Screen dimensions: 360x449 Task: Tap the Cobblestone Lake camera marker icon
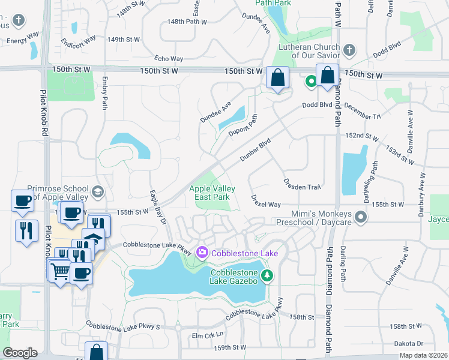[201, 253]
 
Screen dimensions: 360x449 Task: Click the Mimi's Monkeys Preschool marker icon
[360, 217]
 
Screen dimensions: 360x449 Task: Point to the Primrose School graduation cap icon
[97, 192]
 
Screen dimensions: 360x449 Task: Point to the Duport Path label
[246, 125]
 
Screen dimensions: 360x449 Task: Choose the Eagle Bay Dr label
[158, 207]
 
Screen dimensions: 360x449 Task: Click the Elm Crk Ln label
[207, 335]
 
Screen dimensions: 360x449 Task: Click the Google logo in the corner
[20, 352]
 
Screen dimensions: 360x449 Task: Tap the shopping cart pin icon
[59, 272]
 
